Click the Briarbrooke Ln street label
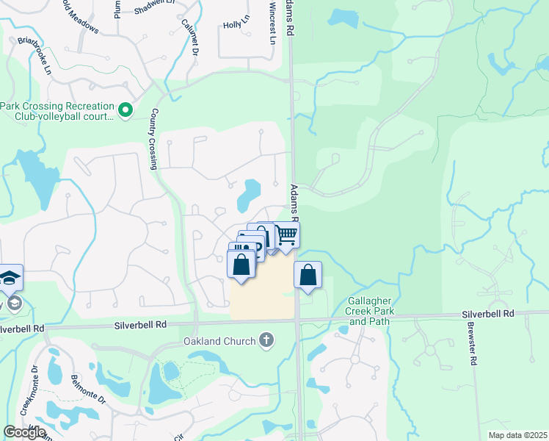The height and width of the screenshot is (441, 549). (34, 56)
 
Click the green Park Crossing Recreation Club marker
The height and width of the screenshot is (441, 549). (125, 111)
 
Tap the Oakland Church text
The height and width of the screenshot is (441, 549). (219, 340)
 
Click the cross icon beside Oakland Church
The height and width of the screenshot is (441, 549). (266, 340)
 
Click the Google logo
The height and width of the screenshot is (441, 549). (24, 431)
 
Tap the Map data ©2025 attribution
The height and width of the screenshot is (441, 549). (517, 435)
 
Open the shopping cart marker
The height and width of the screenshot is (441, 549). (287, 235)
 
